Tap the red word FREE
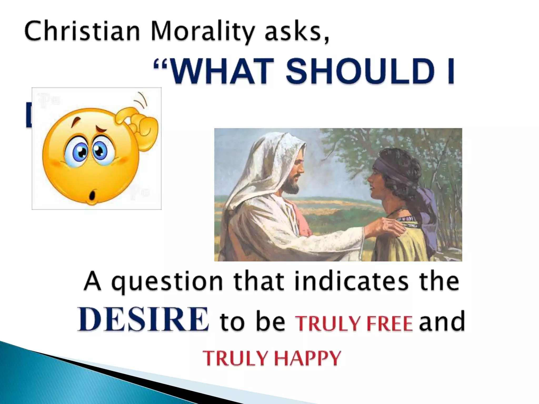[390, 324]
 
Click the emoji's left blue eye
[78, 152]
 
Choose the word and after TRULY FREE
[442, 322]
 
